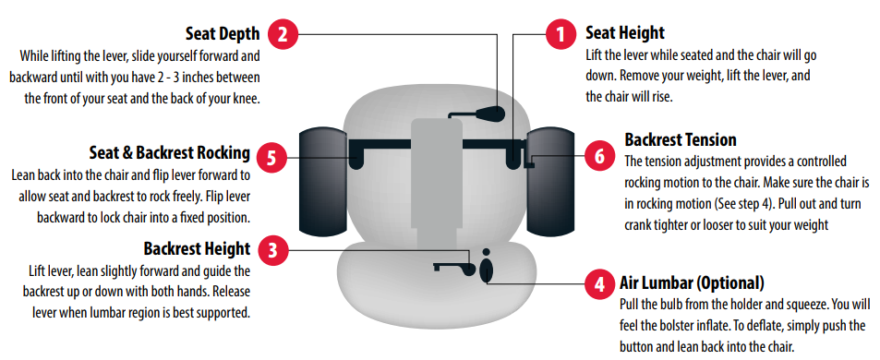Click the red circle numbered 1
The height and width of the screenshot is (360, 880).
(561, 35)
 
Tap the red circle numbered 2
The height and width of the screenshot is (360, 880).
(283, 35)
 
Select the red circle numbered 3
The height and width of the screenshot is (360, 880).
(272, 249)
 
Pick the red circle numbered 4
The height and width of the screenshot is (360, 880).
(599, 283)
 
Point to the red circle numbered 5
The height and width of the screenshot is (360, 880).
(271, 158)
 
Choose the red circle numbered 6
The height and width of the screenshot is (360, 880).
(599, 156)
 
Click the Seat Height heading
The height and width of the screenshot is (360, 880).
(625, 32)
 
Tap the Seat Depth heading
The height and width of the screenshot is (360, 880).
(223, 33)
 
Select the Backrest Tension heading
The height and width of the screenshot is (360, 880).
(681, 139)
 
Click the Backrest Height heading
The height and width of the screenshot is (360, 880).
(197, 248)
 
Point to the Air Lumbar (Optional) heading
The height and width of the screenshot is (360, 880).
(692, 283)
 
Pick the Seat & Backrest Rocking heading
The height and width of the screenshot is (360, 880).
(170, 152)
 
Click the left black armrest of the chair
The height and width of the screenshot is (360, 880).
(325, 182)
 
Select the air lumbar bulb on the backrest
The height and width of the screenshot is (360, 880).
(486, 270)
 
